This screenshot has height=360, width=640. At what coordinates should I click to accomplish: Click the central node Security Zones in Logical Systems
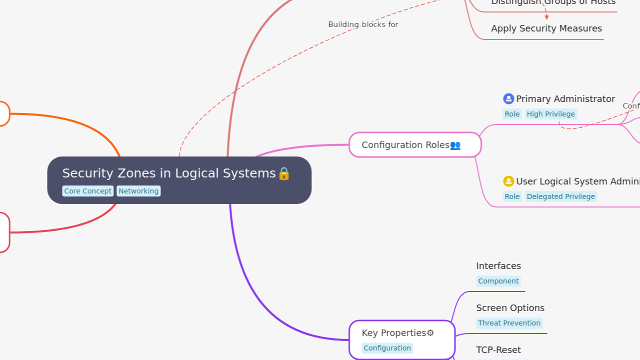pyautogui.click(x=169, y=173)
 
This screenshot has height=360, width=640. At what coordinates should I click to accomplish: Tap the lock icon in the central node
pyautogui.click(x=284, y=173)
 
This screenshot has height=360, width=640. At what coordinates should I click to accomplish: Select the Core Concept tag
pyautogui.click(x=88, y=191)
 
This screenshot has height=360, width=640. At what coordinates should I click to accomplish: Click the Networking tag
pyautogui.click(x=138, y=191)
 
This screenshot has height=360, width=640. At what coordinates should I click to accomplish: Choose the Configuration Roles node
pyautogui.click(x=405, y=145)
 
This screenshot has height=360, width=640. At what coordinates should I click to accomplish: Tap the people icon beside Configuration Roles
pyautogui.click(x=455, y=145)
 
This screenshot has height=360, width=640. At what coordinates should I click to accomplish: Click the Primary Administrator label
pyautogui.click(x=565, y=99)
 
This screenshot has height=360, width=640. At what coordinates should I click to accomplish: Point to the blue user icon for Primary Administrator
pyautogui.click(x=508, y=99)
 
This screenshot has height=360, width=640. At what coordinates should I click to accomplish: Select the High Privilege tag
pyautogui.click(x=550, y=114)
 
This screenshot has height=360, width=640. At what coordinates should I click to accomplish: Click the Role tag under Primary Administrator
pyautogui.click(x=512, y=114)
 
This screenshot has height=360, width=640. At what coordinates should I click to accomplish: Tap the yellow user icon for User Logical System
pyautogui.click(x=508, y=181)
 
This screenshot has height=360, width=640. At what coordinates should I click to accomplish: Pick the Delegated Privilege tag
pyautogui.click(x=560, y=196)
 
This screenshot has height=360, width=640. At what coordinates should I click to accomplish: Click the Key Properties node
pyautogui.click(x=394, y=333)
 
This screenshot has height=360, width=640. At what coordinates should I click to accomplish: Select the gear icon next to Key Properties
pyautogui.click(x=430, y=333)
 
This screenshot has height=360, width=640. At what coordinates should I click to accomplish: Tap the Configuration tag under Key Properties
pyautogui.click(x=387, y=348)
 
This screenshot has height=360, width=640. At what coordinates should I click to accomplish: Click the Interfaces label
pyautogui.click(x=498, y=266)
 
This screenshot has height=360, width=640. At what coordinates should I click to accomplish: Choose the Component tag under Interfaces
pyautogui.click(x=498, y=281)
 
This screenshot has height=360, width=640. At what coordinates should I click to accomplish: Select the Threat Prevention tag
pyautogui.click(x=509, y=323)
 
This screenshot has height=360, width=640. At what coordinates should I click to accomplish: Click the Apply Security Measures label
pyautogui.click(x=546, y=28)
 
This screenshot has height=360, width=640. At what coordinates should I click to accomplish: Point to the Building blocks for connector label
pyautogui.click(x=363, y=24)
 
